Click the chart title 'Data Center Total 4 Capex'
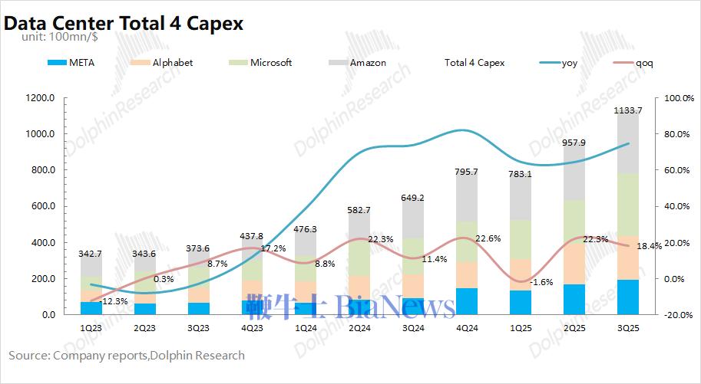click(124, 23)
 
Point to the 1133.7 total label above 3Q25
click(629, 110)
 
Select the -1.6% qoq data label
click(541, 282)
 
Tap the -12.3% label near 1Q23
click(113, 301)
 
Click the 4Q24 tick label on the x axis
click(468, 327)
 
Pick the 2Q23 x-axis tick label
click(145, 327)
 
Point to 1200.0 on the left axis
click(40, 98)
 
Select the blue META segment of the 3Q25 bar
click(628, 297)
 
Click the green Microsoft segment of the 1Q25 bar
click(521, 239)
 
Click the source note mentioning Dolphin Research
click(127, 355)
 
